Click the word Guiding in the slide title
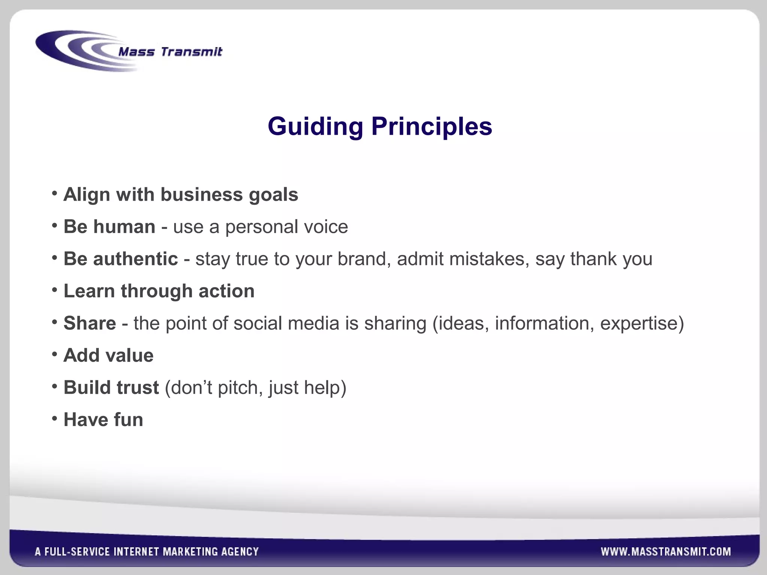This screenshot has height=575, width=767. pos(315,127)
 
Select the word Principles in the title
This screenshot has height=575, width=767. pos(431,127)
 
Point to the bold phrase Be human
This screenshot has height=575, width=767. pos(109,227)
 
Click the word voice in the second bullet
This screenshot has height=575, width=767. pos(326,227)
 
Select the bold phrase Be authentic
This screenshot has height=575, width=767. pos(121,259)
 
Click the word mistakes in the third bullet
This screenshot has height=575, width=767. pos(489,259)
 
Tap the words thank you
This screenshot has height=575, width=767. pos(611,259)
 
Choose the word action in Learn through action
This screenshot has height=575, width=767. pos(226,291)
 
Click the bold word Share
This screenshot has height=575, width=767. pos(90,323)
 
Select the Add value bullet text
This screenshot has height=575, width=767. pos(109,356)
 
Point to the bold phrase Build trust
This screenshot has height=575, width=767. pos(111,388)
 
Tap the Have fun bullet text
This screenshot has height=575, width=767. pos(103,420)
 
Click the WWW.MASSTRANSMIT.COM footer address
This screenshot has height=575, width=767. pos(666,552)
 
